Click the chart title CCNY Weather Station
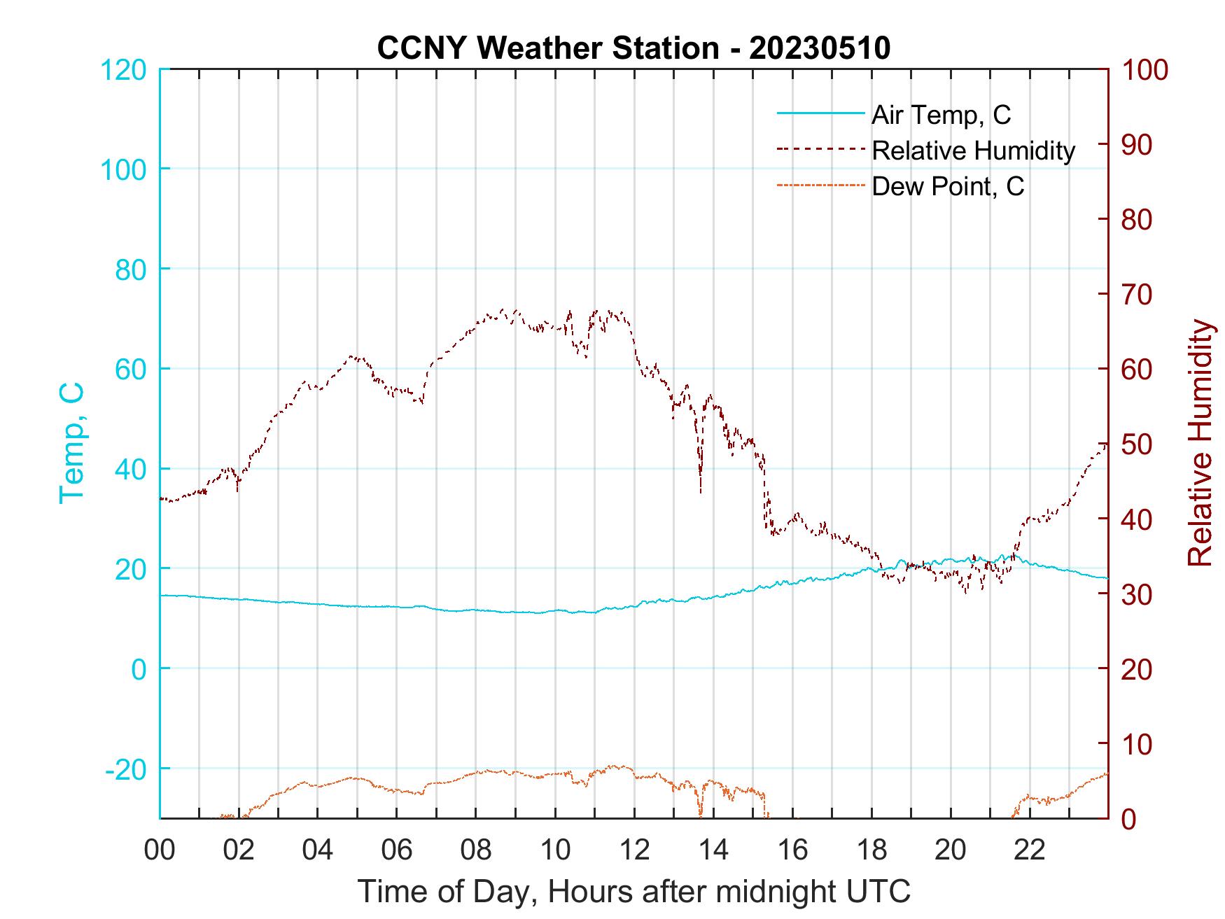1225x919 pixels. click(547, 48)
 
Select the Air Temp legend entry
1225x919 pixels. click(941, 114)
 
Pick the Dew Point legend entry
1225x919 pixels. click(948, 186)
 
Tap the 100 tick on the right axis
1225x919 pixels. click(1145, 70)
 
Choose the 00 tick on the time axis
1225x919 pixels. click(160, 850)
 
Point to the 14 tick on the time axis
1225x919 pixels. click(713, 850)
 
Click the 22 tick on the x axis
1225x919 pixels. click(1030, 850)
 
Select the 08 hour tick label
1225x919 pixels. click(476, 850)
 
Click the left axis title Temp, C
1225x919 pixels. click(71, 443)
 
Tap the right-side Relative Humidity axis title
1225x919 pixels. click(1200, 443)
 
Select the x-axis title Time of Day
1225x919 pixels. click(634, 892)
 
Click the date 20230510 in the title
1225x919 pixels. click(820, 48)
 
